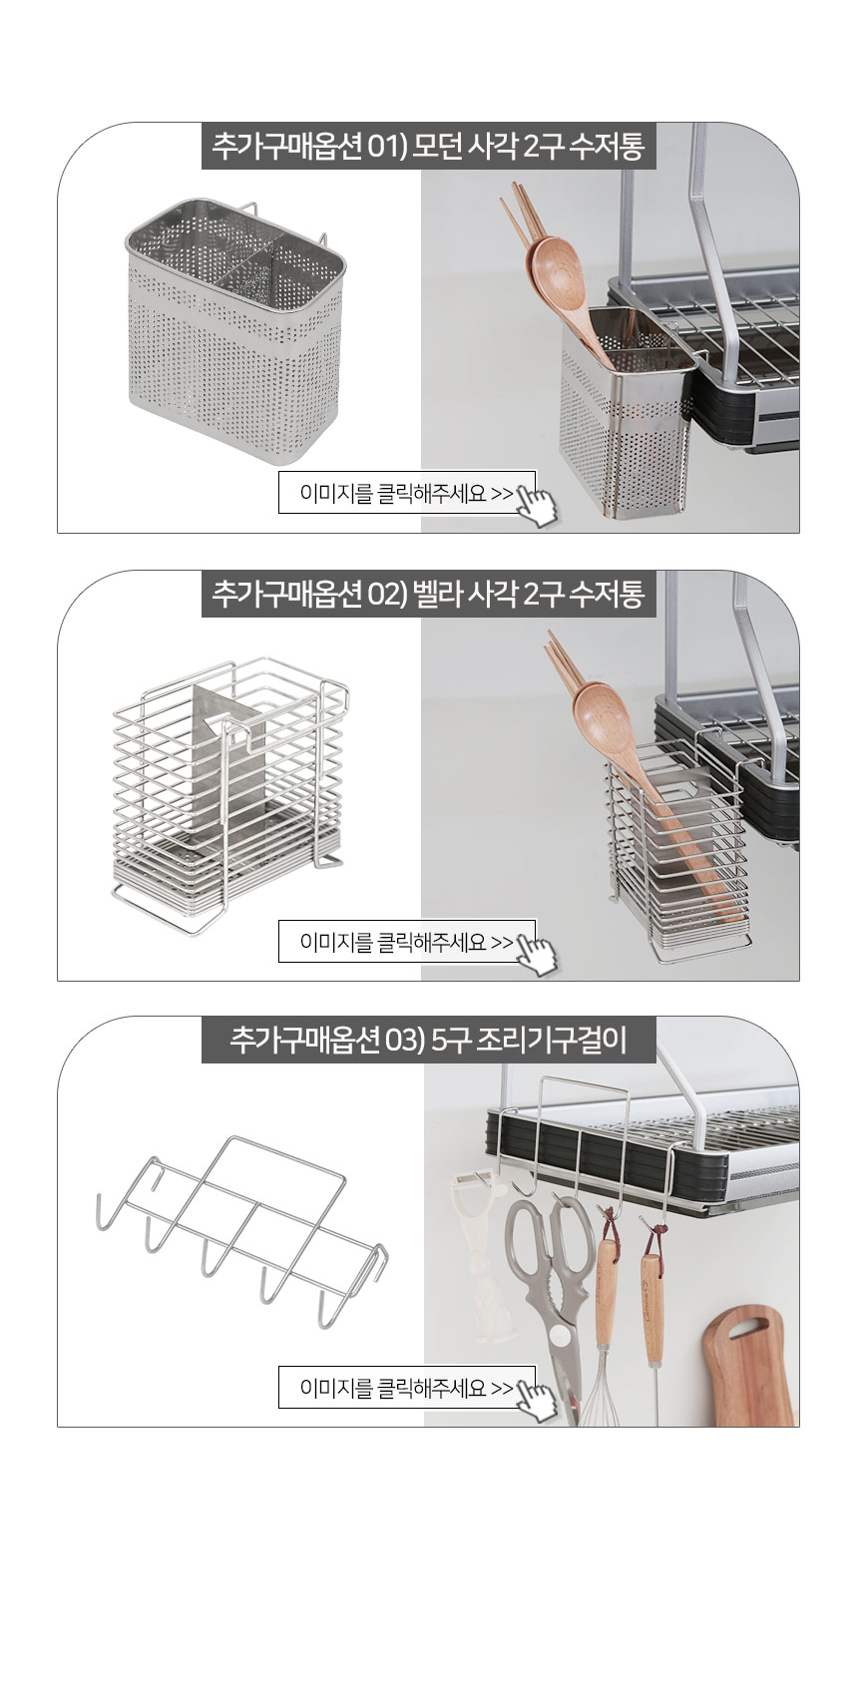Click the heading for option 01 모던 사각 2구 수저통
click(x=428, y=146)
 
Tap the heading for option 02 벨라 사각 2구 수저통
click(x=428, y=595)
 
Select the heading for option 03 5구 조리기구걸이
click(x=428, y=1040)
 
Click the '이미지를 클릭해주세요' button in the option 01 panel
click(x=407, y=493)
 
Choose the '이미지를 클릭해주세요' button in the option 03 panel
click(x=407, y=1387)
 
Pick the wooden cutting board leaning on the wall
click(x=748, y=1367)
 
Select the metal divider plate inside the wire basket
click(x=228, y=766)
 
